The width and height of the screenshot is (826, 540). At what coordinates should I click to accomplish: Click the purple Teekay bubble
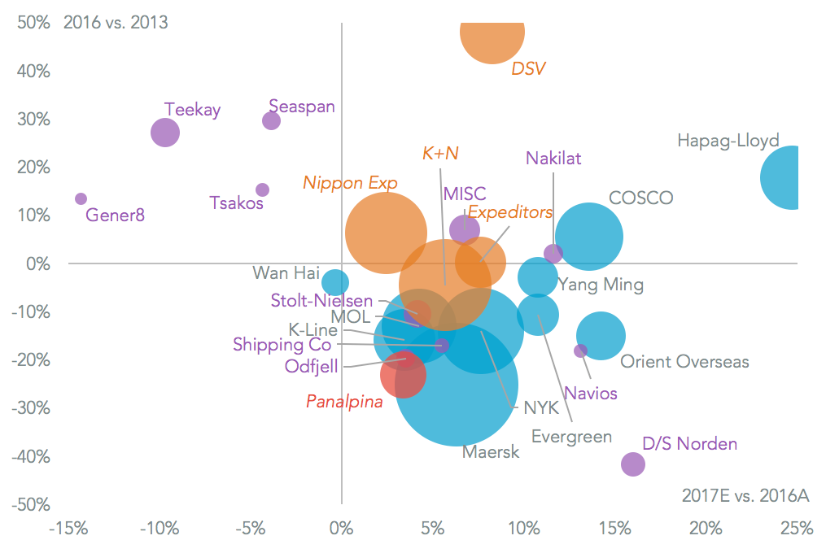point(165,133)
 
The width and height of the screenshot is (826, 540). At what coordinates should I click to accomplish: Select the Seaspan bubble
point(271,120)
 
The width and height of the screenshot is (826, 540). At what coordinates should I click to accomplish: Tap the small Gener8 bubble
point(81,199)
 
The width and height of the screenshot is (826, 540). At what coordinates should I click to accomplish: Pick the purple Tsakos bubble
point(262,190)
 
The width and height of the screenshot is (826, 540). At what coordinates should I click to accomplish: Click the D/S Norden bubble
point(632,464)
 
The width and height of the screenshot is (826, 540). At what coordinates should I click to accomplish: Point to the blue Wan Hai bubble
point(334,282)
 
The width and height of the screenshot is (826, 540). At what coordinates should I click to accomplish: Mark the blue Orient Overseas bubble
point(601,335)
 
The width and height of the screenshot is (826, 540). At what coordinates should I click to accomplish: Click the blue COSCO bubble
point(589,237)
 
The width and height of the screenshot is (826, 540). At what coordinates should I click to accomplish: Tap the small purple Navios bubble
point(580,351)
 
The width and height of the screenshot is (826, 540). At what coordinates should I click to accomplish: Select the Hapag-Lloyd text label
point(728,141)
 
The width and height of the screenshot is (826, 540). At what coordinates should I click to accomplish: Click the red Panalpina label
point(344,401)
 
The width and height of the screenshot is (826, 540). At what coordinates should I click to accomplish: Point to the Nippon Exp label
point(350,183)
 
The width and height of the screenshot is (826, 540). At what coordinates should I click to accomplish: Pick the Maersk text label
point(491,452)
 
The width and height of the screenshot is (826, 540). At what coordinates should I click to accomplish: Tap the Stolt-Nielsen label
point(321,301)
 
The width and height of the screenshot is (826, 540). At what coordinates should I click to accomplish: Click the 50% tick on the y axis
point(33,23)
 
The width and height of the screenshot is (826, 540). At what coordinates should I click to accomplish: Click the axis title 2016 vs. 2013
point(116,22)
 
